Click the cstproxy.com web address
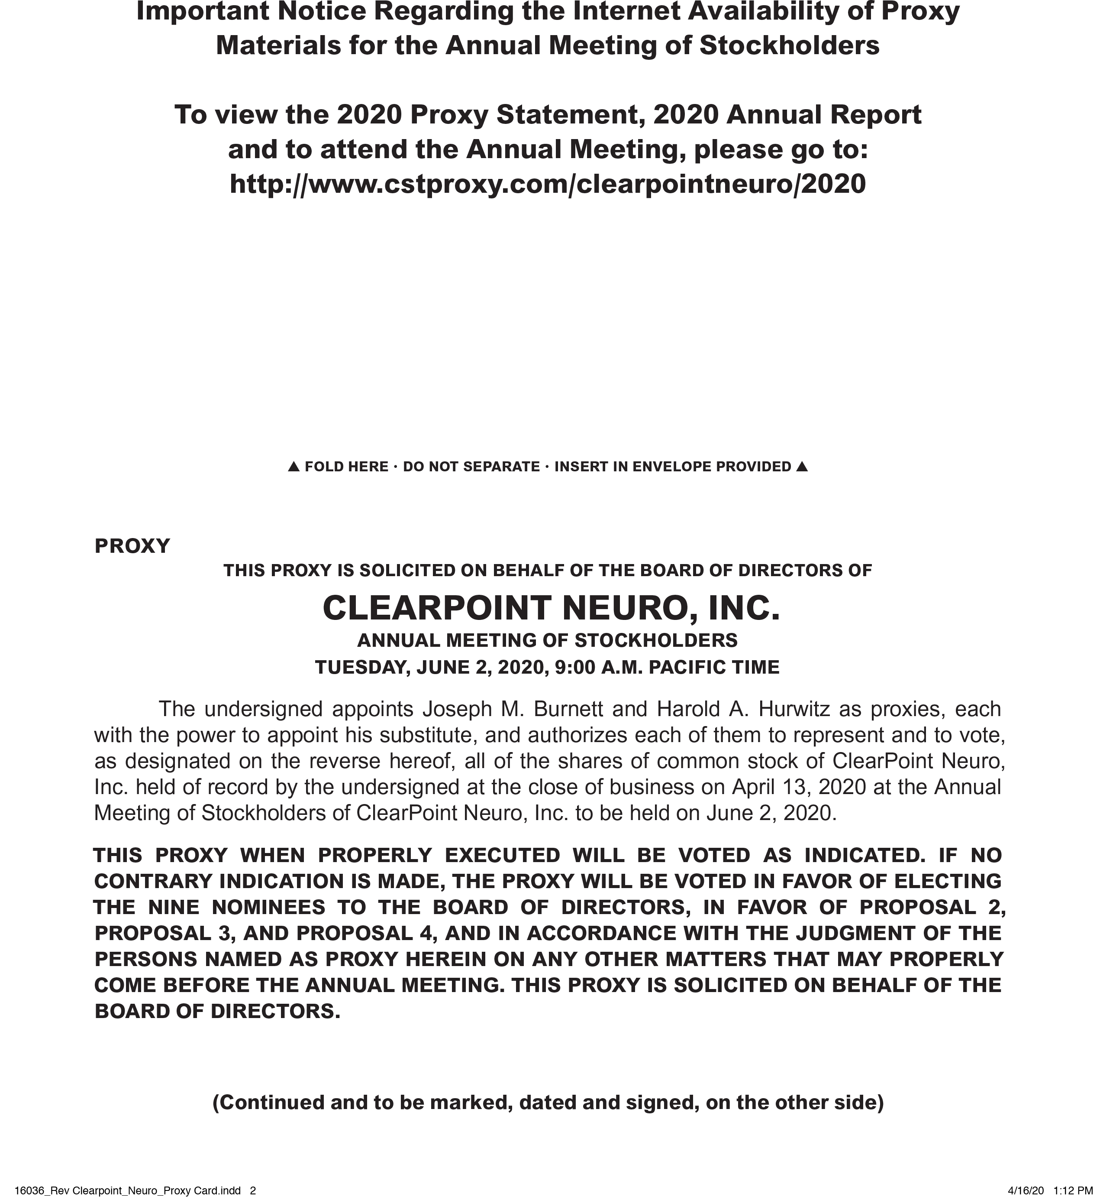547,184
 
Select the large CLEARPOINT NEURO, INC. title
551,608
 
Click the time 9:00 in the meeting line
574,667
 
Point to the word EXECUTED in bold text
502,855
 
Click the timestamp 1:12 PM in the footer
1073,1190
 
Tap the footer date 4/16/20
1026,1190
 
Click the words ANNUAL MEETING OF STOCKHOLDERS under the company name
547,640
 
